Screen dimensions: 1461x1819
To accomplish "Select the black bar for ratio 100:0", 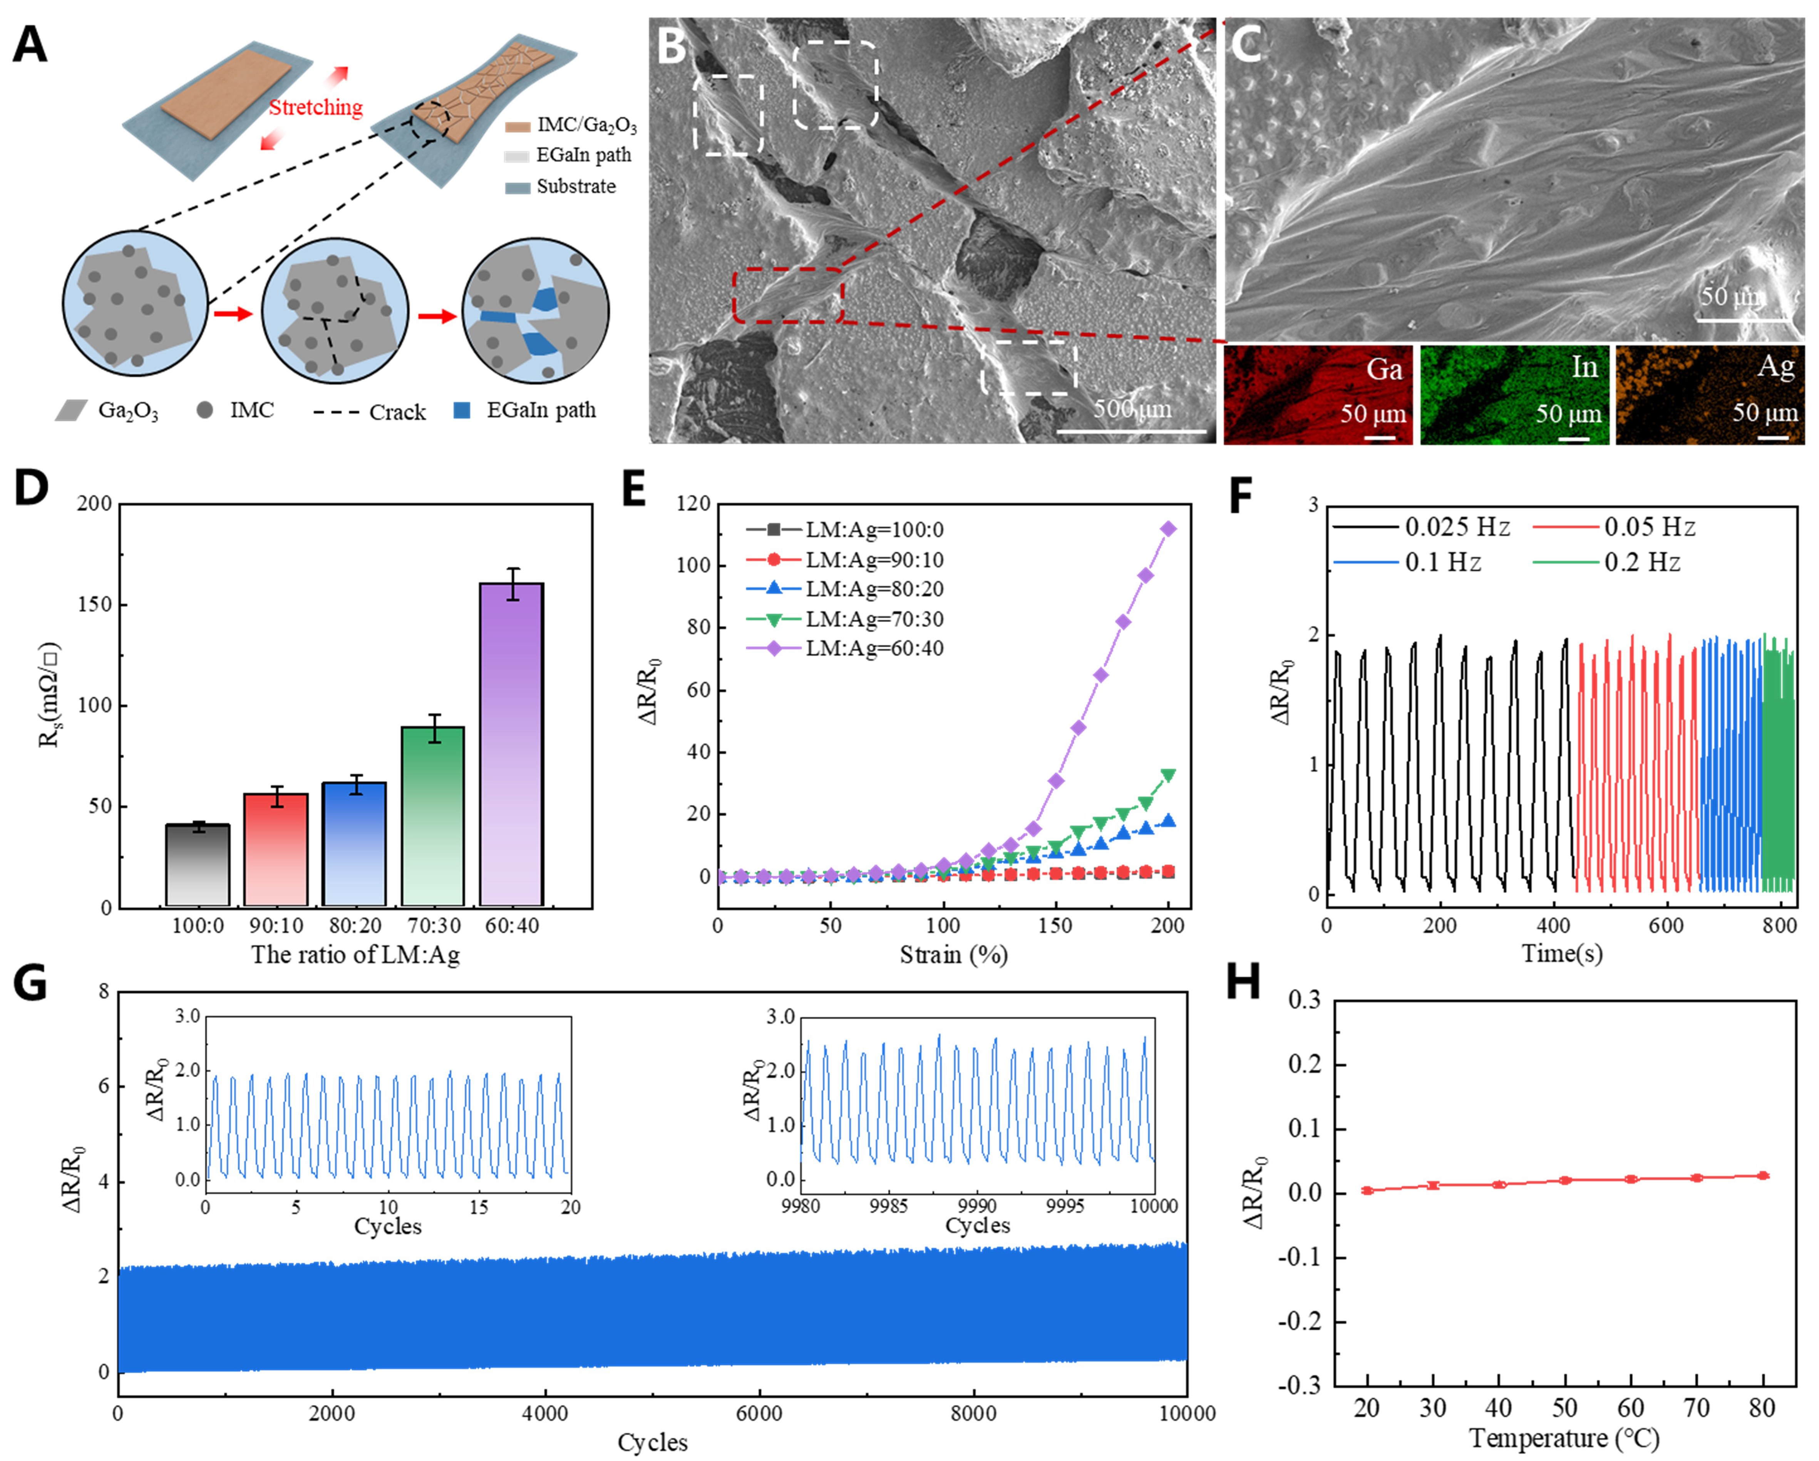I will (x=198, y=865).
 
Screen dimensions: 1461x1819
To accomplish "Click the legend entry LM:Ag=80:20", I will (x=874, y=589).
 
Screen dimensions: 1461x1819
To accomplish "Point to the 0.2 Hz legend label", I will (x=1642, y=562).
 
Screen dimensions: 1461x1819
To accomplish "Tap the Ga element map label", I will (x=1384, y=369).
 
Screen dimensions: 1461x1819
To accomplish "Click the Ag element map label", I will (x=1775, y=366).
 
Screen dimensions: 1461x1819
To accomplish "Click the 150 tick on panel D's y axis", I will (x=94, y=605).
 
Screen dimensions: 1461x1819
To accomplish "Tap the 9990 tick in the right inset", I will (x=977, y=1205).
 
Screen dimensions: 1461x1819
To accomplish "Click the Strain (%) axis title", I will (x=953, y=955).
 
